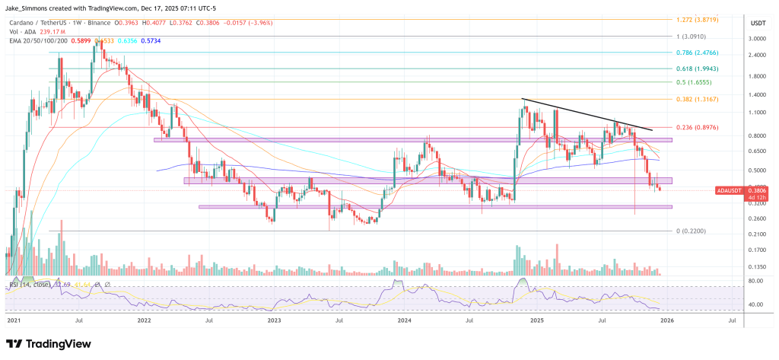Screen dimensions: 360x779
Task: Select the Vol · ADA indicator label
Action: pyautogui.click(x=23, y=33)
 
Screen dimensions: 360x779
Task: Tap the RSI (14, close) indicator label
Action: pyautogui.click(x=32, y=286)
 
